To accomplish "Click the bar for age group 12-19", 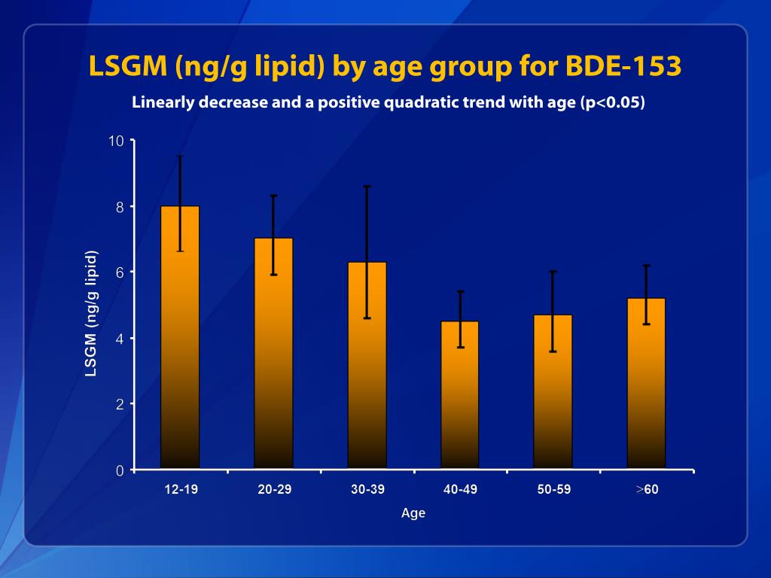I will click(180, 339).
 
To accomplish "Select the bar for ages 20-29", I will click(273, 354).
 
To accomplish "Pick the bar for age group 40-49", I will click(460, 395).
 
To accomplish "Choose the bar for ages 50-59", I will click(553, 392).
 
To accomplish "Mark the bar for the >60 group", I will click(647, 384).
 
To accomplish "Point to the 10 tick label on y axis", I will click(117, 141).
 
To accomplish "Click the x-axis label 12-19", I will click(181, 490).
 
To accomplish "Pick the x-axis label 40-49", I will click(460, 490).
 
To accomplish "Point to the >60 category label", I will click(647, 490).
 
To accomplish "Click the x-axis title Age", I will click(413, 513).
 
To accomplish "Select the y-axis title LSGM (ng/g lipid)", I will click(92, 313).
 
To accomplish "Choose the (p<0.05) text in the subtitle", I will click(613, 103).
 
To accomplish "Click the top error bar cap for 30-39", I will click(367, 186).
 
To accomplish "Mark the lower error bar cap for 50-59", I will click(553, 351).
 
